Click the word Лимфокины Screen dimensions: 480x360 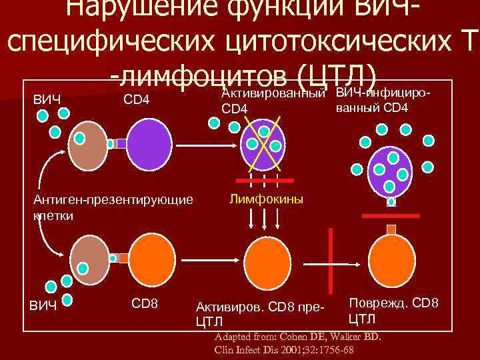click(265, 199)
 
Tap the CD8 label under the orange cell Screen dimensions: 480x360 click(145, 303)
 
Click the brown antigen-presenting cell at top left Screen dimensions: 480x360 click(89, 142)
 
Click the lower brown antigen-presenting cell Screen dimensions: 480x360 click(90, 257)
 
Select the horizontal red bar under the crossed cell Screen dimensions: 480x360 click(264, 181)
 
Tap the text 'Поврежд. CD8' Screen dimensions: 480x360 click(393, 303)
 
